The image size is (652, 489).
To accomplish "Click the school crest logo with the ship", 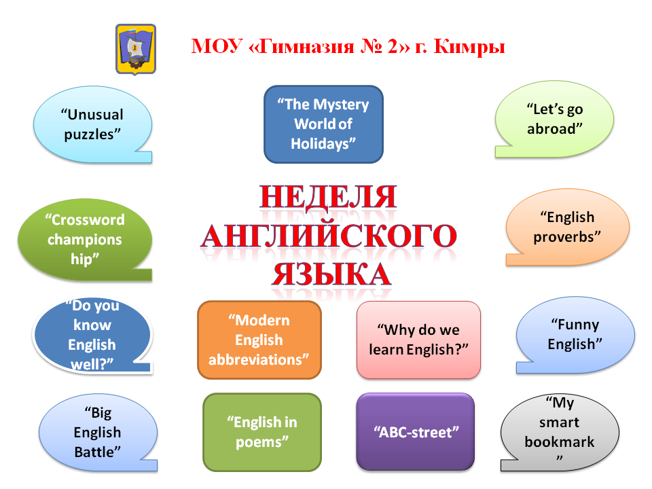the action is (136, 49).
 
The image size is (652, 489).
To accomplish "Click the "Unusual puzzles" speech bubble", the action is (93, 124).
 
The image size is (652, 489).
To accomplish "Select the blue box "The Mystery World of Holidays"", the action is (323, 124).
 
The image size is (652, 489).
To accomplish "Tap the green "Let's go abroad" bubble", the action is (554, 119).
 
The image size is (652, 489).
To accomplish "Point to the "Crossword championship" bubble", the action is (85, 240).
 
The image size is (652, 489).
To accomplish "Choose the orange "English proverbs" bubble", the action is (567, 227).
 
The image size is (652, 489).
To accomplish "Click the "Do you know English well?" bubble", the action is (92, 335).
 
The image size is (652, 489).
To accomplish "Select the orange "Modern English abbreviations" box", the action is (259, 340).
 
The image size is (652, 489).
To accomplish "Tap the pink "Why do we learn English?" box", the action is (418, 340).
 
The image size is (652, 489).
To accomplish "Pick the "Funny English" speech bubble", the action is (575, 334).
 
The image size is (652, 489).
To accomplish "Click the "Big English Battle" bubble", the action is (98, 433).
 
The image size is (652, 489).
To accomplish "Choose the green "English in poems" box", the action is (262, 432).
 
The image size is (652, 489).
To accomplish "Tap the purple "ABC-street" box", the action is (416, 432).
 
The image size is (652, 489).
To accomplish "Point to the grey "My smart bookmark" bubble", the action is (560, 433).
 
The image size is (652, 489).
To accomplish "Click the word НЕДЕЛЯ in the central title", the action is (328, 197).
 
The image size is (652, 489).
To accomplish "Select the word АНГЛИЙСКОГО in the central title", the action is (329, 236).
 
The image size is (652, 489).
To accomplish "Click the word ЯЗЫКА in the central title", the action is (331, 274).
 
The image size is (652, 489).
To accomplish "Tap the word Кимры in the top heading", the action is (469, 47).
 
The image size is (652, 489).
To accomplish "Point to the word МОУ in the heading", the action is (217, 46).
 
